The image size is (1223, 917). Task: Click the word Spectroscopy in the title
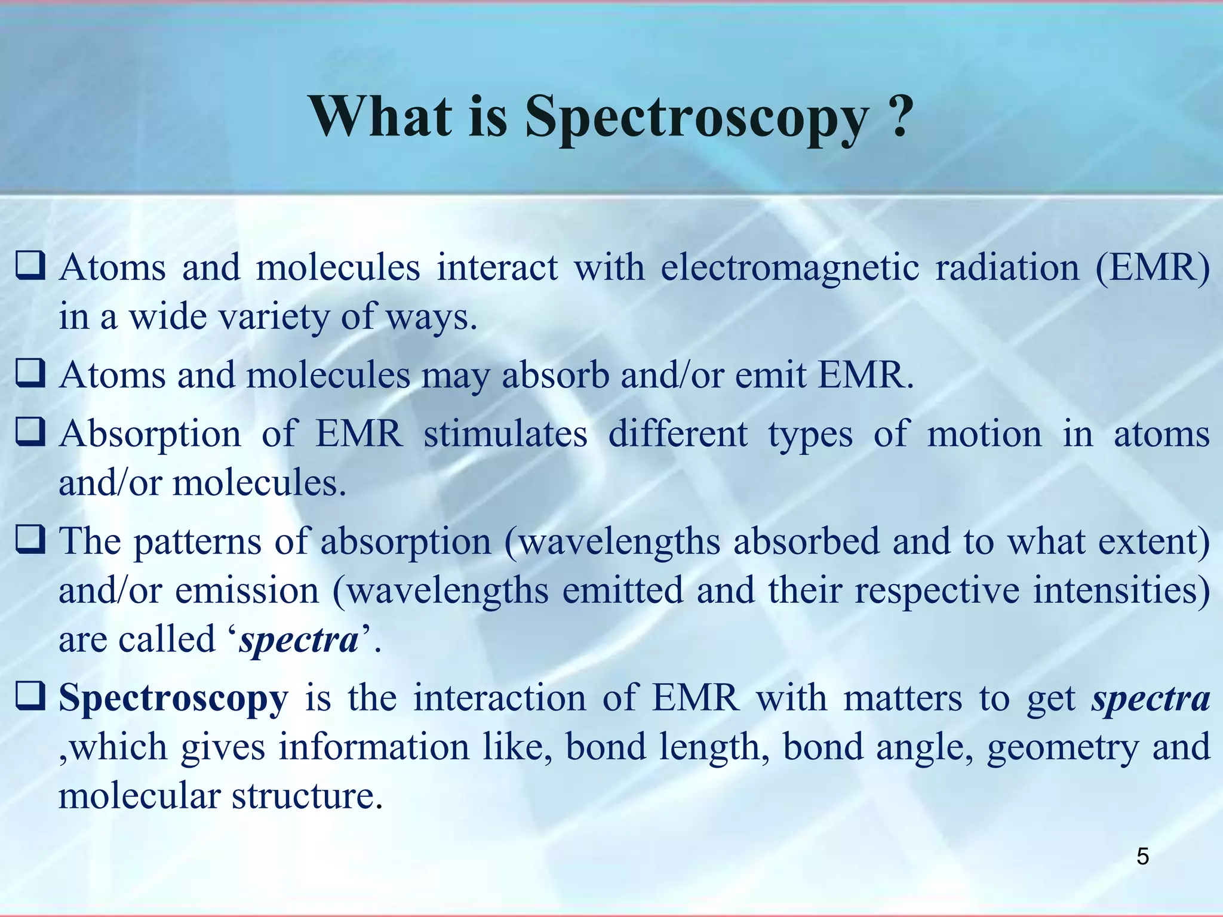(x=696, y=116)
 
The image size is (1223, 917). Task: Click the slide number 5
(x=1142, y=856)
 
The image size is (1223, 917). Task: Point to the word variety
(x=274, y=316)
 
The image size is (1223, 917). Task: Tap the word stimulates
(x=505, y=433)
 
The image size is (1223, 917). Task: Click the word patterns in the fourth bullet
(x=197, y=542)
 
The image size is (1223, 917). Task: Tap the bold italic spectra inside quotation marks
(x=299, y=640)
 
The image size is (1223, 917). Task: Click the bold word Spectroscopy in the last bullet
(x=173, y=698)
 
